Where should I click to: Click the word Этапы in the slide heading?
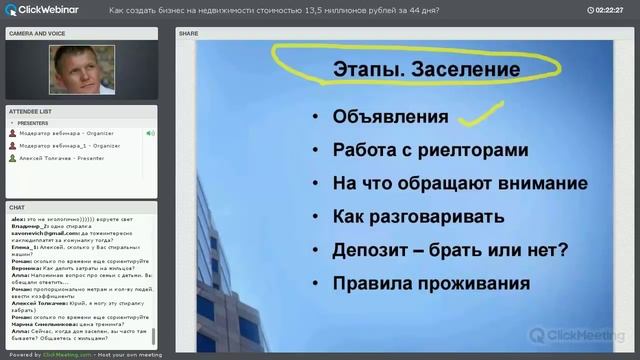click(x=366, y=70)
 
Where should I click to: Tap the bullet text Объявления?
click(x=391, y=116)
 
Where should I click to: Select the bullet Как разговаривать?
click(x=415, y=217)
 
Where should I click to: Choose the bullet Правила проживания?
click(x=431, y=283)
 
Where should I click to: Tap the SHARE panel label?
click(x=189, y=33)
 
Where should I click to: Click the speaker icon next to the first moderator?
click(x=150, y=133)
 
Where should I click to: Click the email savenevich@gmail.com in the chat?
click(x=38, y=231)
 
